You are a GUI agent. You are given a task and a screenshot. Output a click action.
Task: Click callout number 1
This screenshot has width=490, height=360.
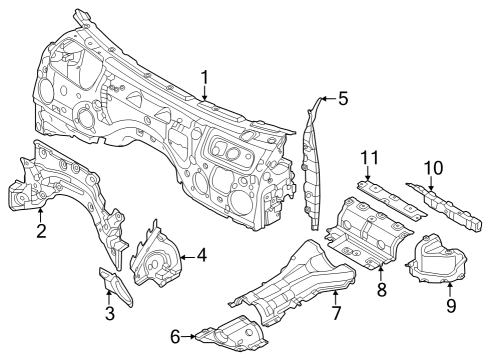tap(204, 77)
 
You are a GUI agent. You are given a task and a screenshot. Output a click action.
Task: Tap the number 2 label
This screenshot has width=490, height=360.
tap(41, 232)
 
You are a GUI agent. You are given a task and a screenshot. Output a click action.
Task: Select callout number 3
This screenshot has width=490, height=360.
tap(110, 315)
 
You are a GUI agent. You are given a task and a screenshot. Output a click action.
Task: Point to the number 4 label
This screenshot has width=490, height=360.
tap(201, 256)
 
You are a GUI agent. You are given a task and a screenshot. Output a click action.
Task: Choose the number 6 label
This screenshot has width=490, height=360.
tap(175, 337)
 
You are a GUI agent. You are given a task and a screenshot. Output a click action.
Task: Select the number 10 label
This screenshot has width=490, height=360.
tap(432, 168)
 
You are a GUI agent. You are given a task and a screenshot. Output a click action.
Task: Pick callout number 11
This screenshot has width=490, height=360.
tap(368, 158)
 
